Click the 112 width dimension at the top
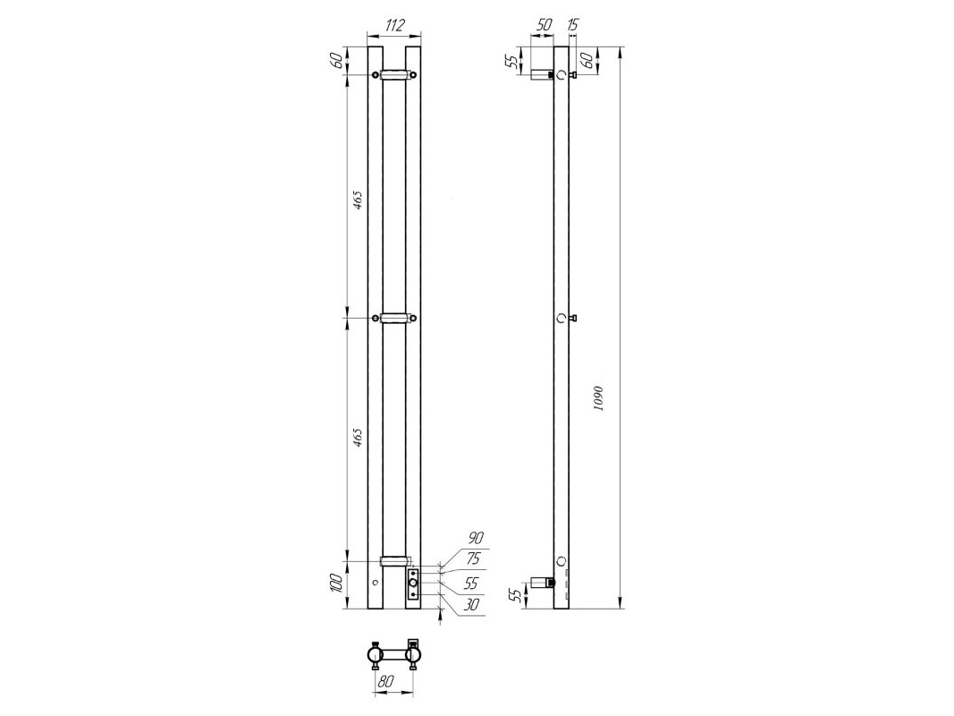pyautogui.click(x=395, y=25)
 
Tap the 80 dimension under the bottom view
pyautogui.click(x=384, y=682)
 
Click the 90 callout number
pyautogui.click(x=475, y=538)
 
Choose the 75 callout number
pyautogui.click(x=473, y=558)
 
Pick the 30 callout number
pyautogui.click(x=471, y=604)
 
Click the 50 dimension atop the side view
pyautogui.click(x=544, y=25)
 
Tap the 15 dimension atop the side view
pyautogui.click(x=572, y=25)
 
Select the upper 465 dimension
pyautogui.click(x=359, y=200)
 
